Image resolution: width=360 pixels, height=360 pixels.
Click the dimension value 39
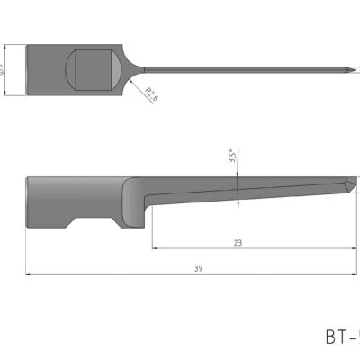click(x=198, y=268)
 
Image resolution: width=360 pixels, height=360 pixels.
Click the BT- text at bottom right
click(x=341, y=337)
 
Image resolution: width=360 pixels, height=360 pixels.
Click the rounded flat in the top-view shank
click(x=94, y=69)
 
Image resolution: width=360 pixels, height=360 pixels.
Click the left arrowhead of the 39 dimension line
click(x=29, y=274)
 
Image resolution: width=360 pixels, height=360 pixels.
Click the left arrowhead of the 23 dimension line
click(x=154, y=248)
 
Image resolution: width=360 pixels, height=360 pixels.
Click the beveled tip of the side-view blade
click(x=346, y=187)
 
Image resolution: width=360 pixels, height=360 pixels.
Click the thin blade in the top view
click(x=243, y=70)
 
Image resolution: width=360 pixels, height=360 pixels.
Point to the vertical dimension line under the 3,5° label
click(x=238, y=189)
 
